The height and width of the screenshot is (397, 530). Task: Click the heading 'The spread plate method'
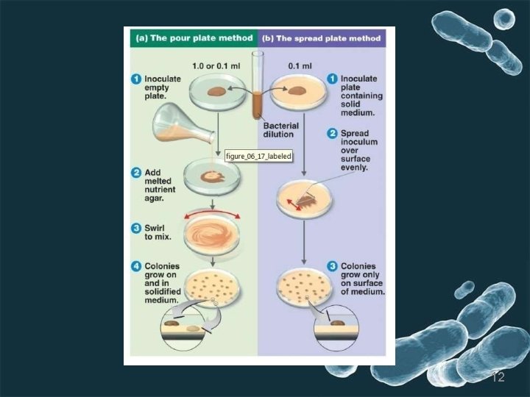pos(325,37)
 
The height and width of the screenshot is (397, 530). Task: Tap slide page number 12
pos(498,376)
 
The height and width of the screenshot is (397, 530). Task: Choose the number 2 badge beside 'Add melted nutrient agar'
pos(136,173)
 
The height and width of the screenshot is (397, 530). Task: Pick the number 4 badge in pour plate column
pos(136,265)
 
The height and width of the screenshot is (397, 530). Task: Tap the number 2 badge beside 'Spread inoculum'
pos(333,134)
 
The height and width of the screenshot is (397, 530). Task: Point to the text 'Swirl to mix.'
pos(158,232)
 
